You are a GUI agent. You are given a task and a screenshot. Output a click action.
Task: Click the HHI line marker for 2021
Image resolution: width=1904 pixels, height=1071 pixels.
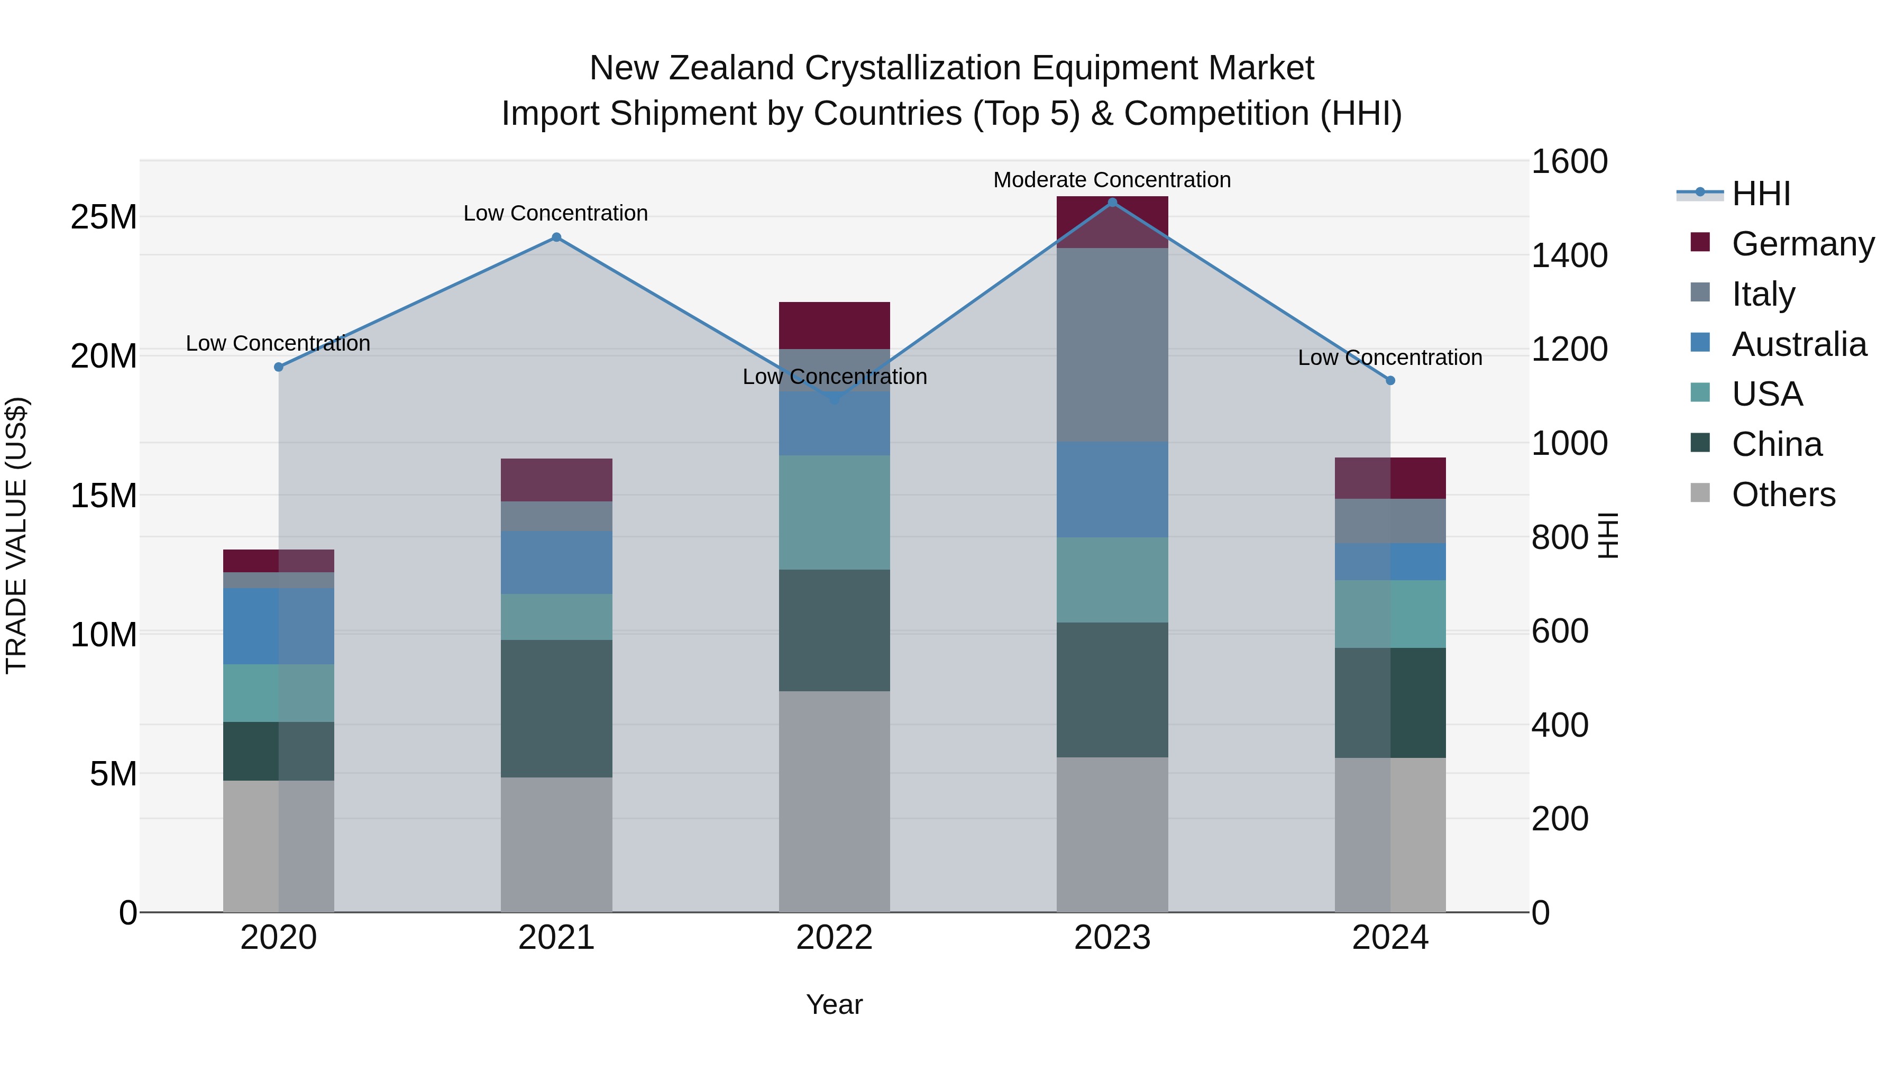pyautogui.click(x=556, y=237)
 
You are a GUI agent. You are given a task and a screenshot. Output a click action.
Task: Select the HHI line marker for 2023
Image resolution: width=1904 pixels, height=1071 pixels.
pyautogui.click(x=1112, y=203)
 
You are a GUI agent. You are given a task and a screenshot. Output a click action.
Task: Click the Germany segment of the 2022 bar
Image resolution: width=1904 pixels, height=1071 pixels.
pyautogui.click(x=835, y=325)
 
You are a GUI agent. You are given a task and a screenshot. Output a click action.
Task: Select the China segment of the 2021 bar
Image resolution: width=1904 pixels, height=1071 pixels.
pyautogui.click(x=556, y=708)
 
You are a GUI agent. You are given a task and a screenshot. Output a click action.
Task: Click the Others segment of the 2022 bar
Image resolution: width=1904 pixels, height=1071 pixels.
pyautogui.click(x=835, y=801)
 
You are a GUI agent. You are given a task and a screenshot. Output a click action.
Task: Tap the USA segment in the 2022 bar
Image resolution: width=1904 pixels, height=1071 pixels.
pyautogui.click(x=835, y=512)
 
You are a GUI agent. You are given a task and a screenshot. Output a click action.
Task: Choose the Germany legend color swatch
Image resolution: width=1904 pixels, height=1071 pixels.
pyautogui.click(x=1700, y=242)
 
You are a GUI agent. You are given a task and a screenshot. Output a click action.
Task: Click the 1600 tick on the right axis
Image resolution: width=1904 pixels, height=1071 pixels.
pyautogui.click(x=1569, y=162)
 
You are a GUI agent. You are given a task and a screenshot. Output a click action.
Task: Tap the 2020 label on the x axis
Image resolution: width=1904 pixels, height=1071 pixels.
pyautogui.click(x=279, y=938)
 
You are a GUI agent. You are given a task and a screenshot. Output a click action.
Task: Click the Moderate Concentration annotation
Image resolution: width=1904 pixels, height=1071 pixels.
pyautogui.click(x=1112, y=180)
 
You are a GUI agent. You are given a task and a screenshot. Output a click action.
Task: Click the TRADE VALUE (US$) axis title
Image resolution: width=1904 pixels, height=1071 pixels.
pyautogui.click(x=16, y=535)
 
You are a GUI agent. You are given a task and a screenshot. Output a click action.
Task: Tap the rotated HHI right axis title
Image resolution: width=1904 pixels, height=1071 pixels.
pyautogui.click(x=1608, y=535)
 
